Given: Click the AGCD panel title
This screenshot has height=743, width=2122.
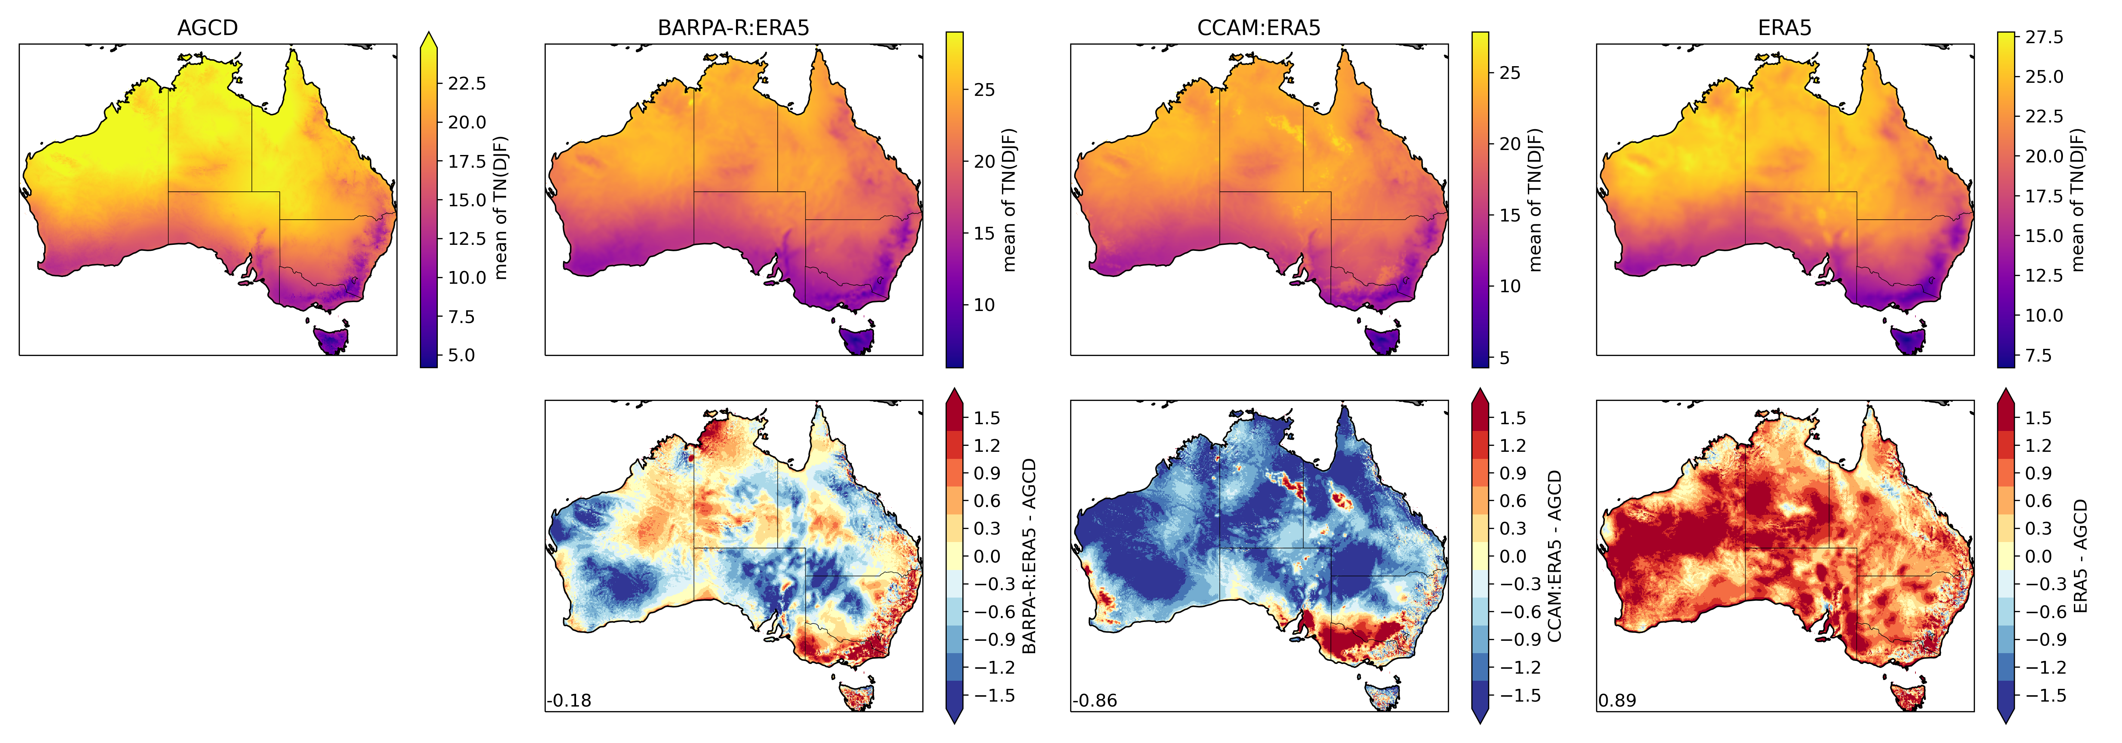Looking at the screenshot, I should (208, 28).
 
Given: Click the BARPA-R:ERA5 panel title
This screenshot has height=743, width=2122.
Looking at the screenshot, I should (733, 28).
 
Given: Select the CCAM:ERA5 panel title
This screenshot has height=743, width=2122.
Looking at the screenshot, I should (1259, 28).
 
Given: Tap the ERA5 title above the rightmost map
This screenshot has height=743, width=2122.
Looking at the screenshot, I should (1784, 28).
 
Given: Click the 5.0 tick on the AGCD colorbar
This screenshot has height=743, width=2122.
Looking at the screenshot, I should (461, 355).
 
